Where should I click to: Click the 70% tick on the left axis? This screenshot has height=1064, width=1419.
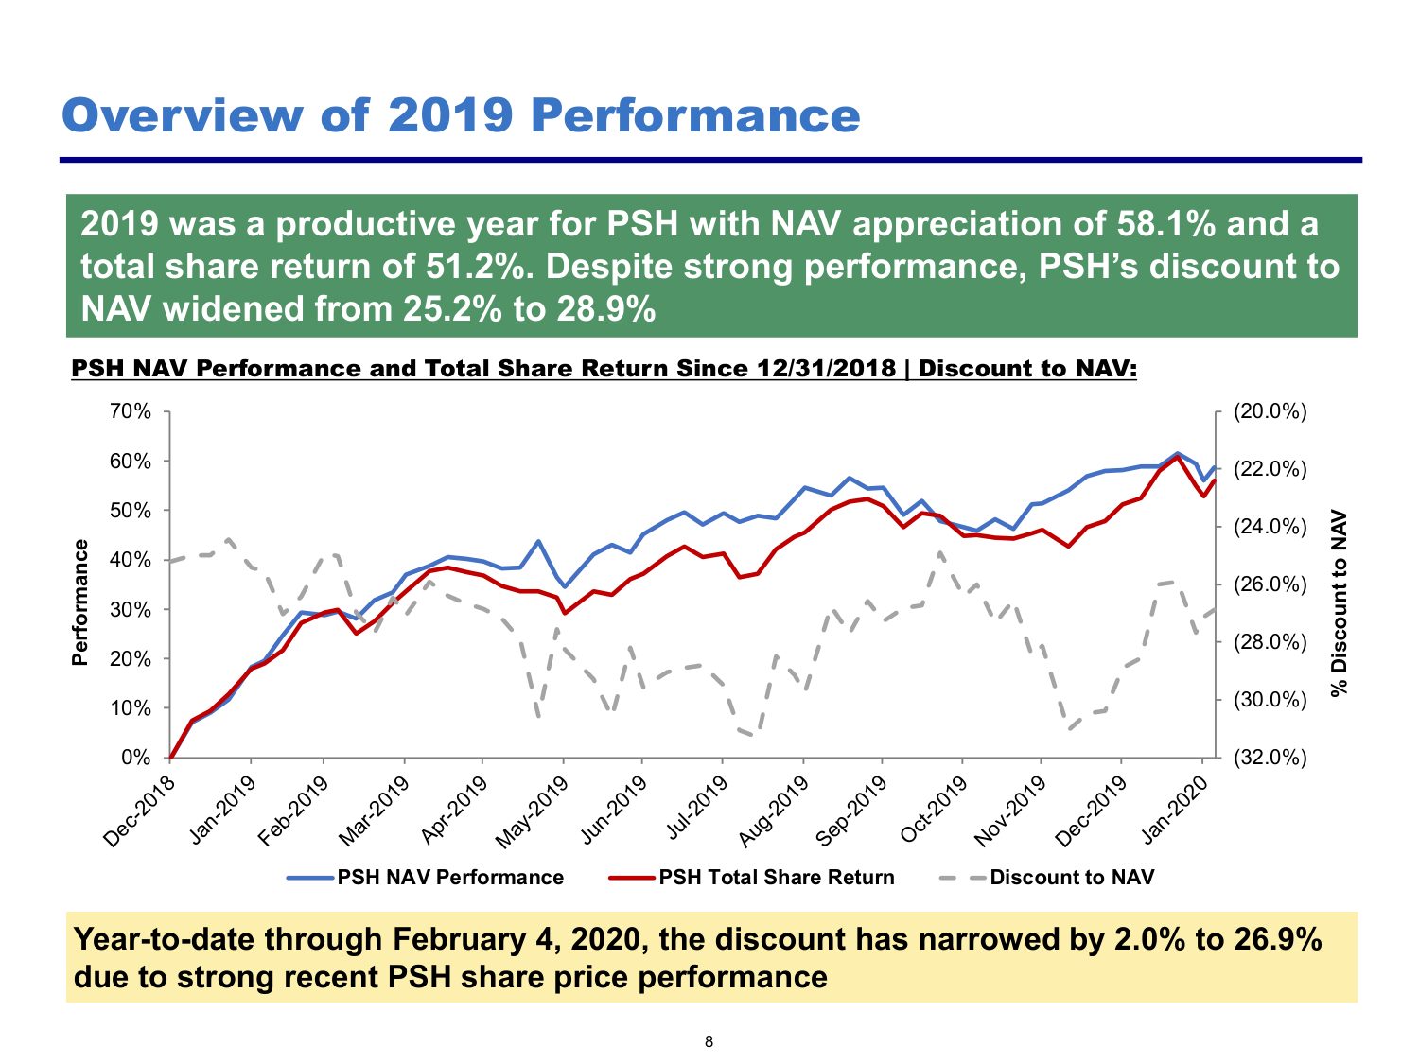point(131,411)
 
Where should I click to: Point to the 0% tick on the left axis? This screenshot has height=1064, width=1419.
point(136,758)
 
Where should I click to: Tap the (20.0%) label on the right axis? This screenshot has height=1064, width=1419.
point(1270,411)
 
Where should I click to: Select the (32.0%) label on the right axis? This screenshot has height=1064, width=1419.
point(1270,758)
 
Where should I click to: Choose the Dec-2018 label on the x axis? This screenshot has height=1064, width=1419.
point(139,811)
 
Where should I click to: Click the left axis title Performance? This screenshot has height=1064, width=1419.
point(79,602)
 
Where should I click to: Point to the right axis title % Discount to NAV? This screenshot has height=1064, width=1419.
point(1340,603)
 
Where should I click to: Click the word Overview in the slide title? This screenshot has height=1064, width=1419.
point(183,116)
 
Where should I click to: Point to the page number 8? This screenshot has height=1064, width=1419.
point(709,1041)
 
